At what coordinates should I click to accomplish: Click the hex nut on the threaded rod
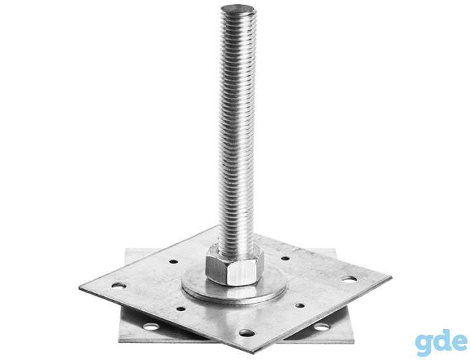pyautogui.click(x=235, y=265)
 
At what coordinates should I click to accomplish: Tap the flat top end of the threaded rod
pyautogui.click(x=238, y=9)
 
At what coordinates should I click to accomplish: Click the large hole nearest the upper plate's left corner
pyautogui.click(x=119, y=285)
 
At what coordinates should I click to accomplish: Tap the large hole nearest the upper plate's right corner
pyautogui.click(x=350, y=279)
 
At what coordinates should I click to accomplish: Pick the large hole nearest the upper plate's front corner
pyautogui.click(x=246, y=332)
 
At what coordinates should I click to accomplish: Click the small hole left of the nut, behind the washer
pyautogui.click(x=174, y=262)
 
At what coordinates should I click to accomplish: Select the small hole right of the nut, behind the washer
pyautogui.click(x=285, y=258)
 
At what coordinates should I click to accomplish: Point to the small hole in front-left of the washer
pyautogui.click(x=180, y=308)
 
